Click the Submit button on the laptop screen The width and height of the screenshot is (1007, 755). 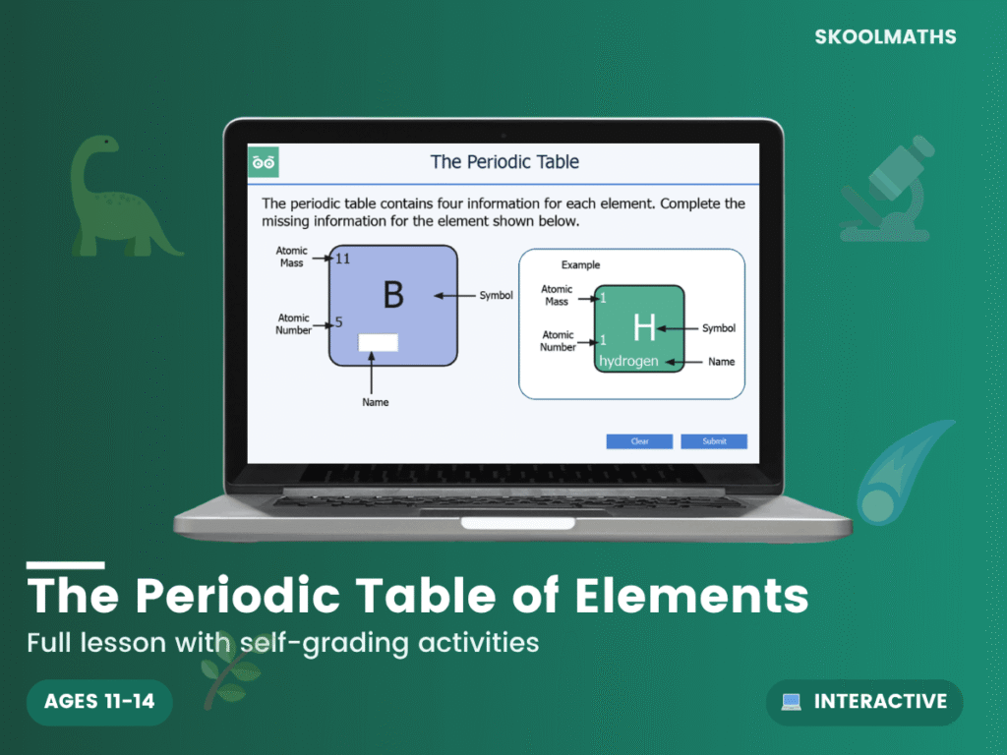(x=714, y=441)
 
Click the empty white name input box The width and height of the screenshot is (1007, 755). (x=378, y=342)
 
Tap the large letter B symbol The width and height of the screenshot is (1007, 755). (x=393, y=295)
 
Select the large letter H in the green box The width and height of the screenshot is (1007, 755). (x=644, y=327)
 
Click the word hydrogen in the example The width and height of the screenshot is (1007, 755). (x=628, y=361)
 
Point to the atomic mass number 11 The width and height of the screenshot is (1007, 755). (x=343, y=259)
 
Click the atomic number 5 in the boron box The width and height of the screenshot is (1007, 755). (x=339, y=321)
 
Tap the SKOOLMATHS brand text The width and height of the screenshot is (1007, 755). (x=886, y=37)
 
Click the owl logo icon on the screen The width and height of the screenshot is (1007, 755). (x=264, y=162)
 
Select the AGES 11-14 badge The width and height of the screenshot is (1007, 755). (x=99, y=702)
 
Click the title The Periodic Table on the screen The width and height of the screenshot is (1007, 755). (x=504, y=162)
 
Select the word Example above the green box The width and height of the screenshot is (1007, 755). (x=580, y=265)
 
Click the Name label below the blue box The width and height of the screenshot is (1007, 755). (x=375, y=402)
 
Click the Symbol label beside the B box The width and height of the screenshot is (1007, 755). (x=496, y=296)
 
